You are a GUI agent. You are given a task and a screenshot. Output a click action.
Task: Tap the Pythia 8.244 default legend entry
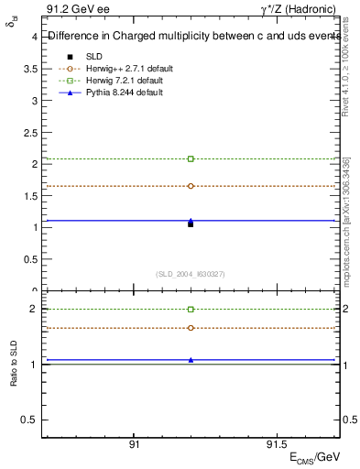pyautogui.click(x=125, y=93)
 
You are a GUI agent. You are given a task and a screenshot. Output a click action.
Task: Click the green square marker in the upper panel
pyautogui.click(x=191, y=158)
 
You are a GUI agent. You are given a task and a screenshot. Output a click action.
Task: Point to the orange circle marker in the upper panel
pyautogui.click(x=191, y=186)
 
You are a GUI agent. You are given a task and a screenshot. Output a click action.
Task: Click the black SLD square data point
pyautogui.click(x=191, y=224)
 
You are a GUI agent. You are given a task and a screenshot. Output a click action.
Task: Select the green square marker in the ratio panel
pyautogui.click(x=191, y=309)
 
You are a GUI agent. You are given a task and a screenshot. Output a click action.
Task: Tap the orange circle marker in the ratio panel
pyautogui.click(x=191, y=328)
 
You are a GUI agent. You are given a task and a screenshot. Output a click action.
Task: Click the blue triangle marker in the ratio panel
pyautogui.click(x=191, y=360)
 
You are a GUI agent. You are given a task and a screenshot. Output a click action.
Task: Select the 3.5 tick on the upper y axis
pyautogui.click(x=30, y=69)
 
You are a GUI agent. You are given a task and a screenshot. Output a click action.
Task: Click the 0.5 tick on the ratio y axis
pyautogui.click(x=30, y=420)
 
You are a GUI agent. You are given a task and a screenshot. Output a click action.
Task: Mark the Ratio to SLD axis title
pyautogui.click(x=13, y=364)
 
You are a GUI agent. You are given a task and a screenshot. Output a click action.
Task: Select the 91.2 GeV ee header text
pyautogui.click(x=73, y=12)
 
